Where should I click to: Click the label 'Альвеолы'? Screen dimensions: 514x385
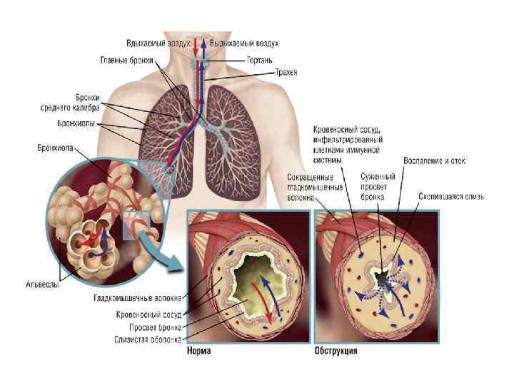[x=40, y=284]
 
